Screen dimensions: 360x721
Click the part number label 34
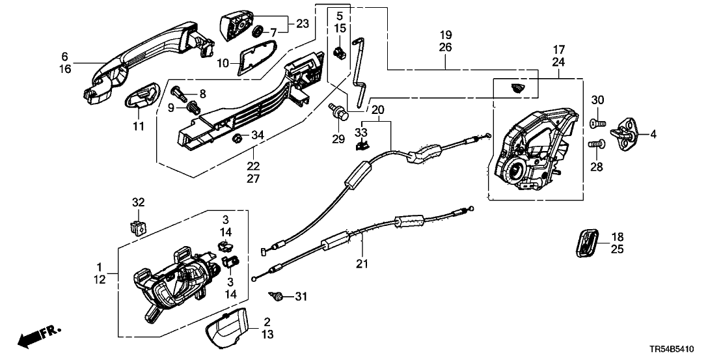[258, 135]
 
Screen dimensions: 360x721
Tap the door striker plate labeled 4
[629, 133]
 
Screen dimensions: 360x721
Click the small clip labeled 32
[137, 227]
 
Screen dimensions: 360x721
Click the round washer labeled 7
[256, 31]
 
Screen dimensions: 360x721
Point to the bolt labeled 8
[180, 92]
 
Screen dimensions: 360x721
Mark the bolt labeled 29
[339, 111]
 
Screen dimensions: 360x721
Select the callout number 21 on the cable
[361, 264]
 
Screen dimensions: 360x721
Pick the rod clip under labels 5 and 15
[339, 52]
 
